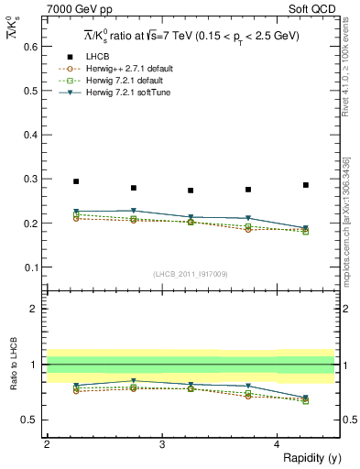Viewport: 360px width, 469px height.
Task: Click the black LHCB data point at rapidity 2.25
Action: pyautogui.click(x=76, y=181)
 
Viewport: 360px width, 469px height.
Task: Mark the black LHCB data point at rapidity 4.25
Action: pyautogui.click(x=306, y=185)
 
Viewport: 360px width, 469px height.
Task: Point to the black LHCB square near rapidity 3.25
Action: pyautogui.click(x=191, y=191)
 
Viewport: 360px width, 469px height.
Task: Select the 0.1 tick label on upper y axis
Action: pyautogui.click(x=31, y=267)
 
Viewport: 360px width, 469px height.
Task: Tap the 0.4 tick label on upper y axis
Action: pyautogui.click(x=31, y=134)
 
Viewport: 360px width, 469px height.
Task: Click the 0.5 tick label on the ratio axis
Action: pyautogui.click(x=31, y=420)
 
